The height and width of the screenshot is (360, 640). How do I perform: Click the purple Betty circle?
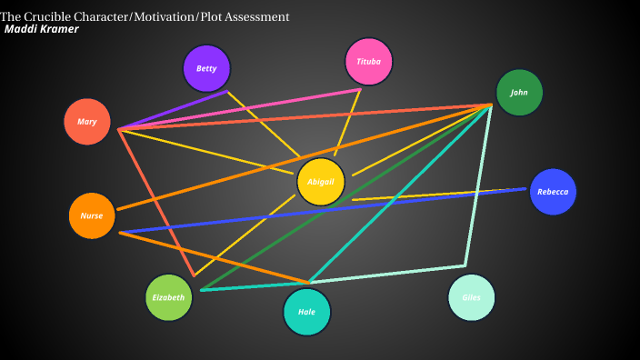(206, 68)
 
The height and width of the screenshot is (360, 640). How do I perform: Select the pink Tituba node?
(368, 62)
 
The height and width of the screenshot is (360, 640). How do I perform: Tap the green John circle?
(519, 93)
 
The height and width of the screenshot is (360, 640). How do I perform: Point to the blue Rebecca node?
(553, 192)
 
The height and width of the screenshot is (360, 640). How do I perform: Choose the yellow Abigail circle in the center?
(321, 181)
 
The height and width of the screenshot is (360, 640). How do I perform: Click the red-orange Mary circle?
(87, 122)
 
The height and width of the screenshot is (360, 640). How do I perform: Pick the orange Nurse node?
(92, 215)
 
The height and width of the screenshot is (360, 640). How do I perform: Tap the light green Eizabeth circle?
(169, 297)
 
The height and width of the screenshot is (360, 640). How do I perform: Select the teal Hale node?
(306, 312)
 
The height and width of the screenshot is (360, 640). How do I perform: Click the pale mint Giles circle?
(471, 297)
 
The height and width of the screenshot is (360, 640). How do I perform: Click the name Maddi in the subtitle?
(21, 29)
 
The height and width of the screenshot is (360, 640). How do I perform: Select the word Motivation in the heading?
(166, 16)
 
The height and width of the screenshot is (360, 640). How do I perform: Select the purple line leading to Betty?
(173, 110)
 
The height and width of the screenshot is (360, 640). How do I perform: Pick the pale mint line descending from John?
(479, 182)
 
